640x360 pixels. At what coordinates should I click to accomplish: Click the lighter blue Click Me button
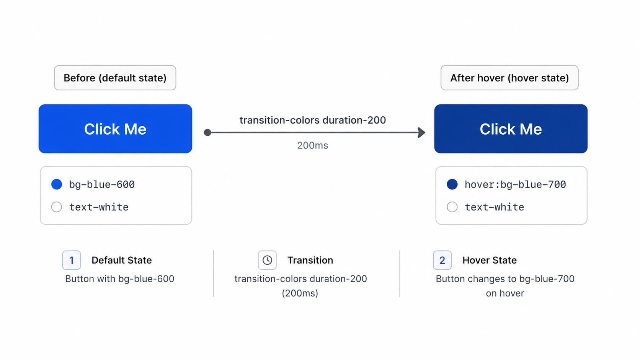click(116, 129)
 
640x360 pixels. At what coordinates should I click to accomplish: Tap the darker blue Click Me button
click(511, 129)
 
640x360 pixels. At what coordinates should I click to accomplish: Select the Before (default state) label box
click(115, 78)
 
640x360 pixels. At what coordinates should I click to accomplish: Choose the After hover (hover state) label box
click(509, 78)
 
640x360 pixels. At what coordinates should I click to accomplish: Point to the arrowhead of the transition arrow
click(422, 132)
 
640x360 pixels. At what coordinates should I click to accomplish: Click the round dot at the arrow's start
click(207, 132)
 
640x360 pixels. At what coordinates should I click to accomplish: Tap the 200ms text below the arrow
click(313, 146)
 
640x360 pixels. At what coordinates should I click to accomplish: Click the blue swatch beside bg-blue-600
click(57, 184)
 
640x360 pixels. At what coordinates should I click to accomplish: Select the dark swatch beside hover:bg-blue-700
click(452, 184)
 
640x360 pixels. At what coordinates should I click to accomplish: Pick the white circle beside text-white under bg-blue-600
click(57, 207)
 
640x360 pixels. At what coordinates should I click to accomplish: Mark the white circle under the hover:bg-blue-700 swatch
click(452, 207)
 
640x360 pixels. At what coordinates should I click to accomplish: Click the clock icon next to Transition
click(267, 260)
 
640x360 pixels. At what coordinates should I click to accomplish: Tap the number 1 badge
click(72, 260)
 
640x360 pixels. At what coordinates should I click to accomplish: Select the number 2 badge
click(442, 260)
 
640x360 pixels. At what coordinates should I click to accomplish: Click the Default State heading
click(122, 260)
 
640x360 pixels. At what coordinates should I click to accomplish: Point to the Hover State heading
click(490, 260)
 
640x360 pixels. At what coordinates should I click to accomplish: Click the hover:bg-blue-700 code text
click(516, 184)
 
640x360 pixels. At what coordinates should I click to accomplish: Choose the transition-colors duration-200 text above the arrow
click(313, 120)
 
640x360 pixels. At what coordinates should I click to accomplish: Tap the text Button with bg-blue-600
click(120, 279)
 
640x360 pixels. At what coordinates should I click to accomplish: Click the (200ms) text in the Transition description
click(300, 293)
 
